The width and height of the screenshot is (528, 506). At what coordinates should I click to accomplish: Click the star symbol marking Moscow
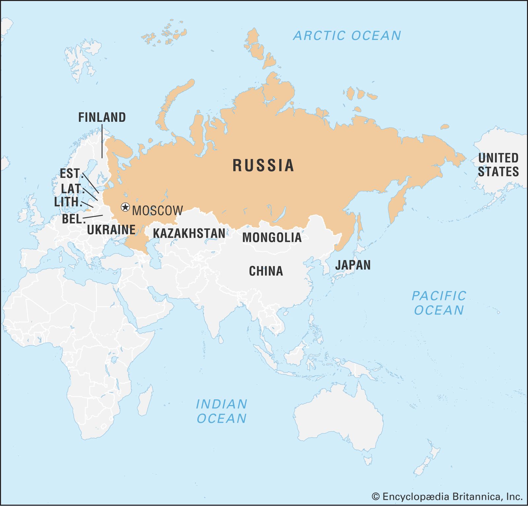125,207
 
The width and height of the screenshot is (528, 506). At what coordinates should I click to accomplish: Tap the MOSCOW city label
157,211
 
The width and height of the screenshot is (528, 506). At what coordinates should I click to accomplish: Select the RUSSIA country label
263,165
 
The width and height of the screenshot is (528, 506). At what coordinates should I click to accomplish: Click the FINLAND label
102,117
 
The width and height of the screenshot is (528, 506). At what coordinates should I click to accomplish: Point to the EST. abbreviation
70,174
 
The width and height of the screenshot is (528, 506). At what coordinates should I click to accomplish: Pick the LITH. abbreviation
68,202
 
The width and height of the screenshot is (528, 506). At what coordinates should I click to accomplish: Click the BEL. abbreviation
72,219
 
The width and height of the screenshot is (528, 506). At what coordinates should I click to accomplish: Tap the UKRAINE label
111,230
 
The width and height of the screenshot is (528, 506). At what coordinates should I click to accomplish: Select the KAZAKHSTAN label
189,233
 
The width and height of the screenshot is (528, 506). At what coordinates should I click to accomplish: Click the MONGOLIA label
272,237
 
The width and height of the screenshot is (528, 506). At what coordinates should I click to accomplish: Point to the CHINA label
266,271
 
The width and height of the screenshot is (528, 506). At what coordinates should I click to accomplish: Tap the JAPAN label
353,265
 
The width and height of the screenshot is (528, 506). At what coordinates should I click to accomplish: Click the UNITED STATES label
498,165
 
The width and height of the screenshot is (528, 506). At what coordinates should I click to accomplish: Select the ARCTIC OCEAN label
347,36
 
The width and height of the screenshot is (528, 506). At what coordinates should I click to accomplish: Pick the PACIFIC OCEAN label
439,303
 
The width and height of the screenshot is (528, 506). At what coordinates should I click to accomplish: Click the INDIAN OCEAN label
221,411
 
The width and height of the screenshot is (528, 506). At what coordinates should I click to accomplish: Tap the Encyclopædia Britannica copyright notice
447,496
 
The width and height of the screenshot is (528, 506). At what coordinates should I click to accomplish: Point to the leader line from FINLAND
102,142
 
